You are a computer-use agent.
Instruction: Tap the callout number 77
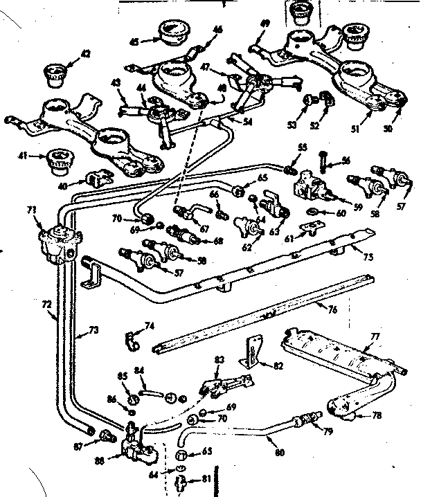click(374, 337)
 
